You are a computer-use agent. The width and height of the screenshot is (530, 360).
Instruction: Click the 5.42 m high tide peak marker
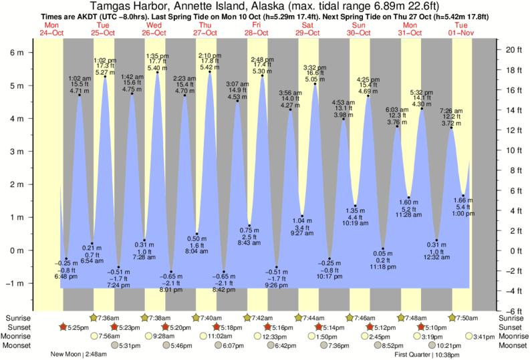[x=210, y=72]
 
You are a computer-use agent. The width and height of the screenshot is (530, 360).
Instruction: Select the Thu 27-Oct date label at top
[x=205, y=29]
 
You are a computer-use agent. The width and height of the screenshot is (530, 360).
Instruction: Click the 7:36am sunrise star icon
[x=94, y=317]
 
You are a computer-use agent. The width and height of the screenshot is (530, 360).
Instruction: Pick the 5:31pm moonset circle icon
[x=115, y=345]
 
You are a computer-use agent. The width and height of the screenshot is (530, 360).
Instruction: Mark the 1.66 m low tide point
[x=463, y=196]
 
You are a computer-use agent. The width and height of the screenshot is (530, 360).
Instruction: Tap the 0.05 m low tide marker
[x=383, y=248]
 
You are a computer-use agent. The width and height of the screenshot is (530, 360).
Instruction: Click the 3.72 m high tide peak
[x=452, y=128]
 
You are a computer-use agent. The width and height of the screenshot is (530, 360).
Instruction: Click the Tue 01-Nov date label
[x=460, y=29]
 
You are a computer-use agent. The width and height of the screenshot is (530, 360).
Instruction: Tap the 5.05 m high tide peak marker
[x=315, y=84]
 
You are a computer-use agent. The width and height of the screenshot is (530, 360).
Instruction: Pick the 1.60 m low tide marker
[x=409, y=198]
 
